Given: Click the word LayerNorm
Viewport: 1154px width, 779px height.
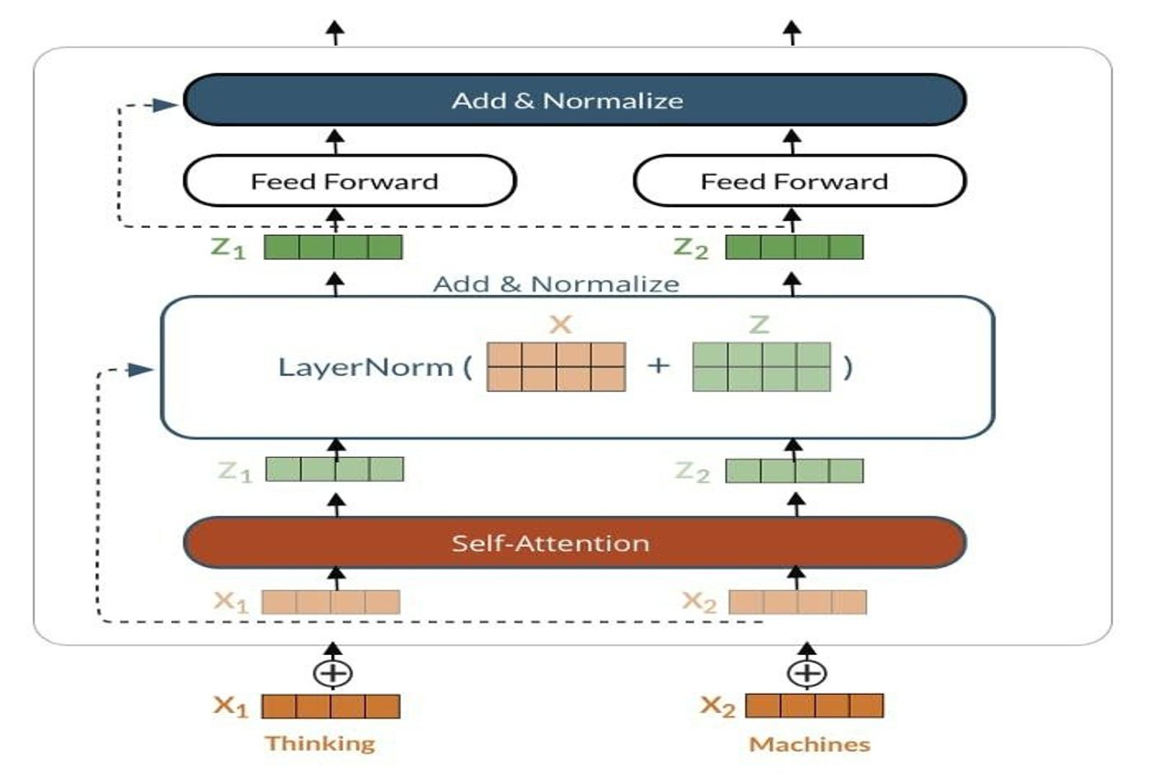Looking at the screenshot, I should pyautogui.click(x=365, y=367).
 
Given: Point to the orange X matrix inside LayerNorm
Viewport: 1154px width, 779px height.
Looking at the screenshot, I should pyautogui.click(x=556, y=366).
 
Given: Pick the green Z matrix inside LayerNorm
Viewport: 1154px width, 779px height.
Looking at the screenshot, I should pyautogui.click(x=761, y=366).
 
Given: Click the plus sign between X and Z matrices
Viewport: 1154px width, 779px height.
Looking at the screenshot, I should pyautogui.click(x=658, y=366).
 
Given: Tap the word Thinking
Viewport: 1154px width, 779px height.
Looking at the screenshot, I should pyautogui.click(x=320, y=743).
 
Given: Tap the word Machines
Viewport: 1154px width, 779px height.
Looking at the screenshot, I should pyautogui.click(x=809, y=744).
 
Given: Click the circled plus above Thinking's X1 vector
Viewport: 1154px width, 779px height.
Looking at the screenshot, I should pyautogui.click(x=332, y=673).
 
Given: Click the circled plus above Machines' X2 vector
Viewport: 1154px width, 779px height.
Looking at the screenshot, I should pyautogui.click(x=806, y=673).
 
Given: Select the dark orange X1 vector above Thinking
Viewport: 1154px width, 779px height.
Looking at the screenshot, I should pyautogui.click(x=330, y=706).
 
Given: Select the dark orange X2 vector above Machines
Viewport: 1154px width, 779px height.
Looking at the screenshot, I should pyautogui.click(x=814, y=705).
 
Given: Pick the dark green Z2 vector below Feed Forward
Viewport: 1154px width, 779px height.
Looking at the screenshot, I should pyautogui.click(x=794, y=247).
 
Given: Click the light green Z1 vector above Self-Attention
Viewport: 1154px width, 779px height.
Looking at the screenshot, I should pyautogui.click(x=335, y=470).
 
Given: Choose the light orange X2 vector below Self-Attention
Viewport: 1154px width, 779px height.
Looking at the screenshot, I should pyautogui.click(x=798, y=602).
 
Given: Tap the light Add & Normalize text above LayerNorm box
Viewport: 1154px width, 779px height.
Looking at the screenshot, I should pyautogui.click(x=555, y=284).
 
